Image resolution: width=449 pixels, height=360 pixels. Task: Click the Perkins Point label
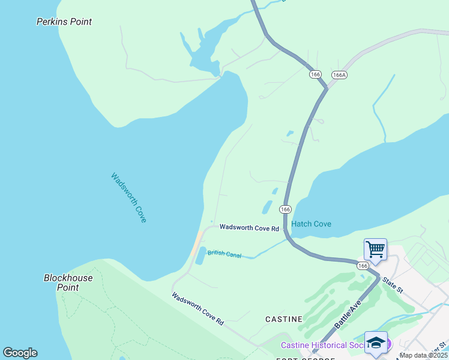coord(64,22)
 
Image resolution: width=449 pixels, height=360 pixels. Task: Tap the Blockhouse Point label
coord(68,283)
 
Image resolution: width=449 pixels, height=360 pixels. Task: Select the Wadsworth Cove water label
coord(128,197)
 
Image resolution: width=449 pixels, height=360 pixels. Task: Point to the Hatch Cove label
coord(311,224)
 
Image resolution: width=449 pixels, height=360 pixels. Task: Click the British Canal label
coord(224,254)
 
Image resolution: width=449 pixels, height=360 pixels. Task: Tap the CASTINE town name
coord(284,319)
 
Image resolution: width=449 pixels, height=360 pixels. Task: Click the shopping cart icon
coord(375,249)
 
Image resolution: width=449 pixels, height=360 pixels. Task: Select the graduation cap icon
coord(375,342)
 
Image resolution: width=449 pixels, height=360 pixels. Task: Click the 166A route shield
coord(339,74)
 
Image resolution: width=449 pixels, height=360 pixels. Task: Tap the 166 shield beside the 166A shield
coord(316,74)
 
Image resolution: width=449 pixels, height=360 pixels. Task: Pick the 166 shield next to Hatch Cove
coord(285,209)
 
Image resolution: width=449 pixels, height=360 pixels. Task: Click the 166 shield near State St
coord(362,265)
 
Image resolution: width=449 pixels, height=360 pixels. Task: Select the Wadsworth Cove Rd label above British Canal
coord(249,228)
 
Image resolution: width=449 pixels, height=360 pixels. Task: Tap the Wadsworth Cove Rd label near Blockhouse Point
coord(197,308)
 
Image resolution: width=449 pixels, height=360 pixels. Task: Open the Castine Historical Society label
coord(322,345)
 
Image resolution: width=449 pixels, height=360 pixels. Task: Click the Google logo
coord(20,353)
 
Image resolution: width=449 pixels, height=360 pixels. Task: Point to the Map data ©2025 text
coord(424,355)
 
